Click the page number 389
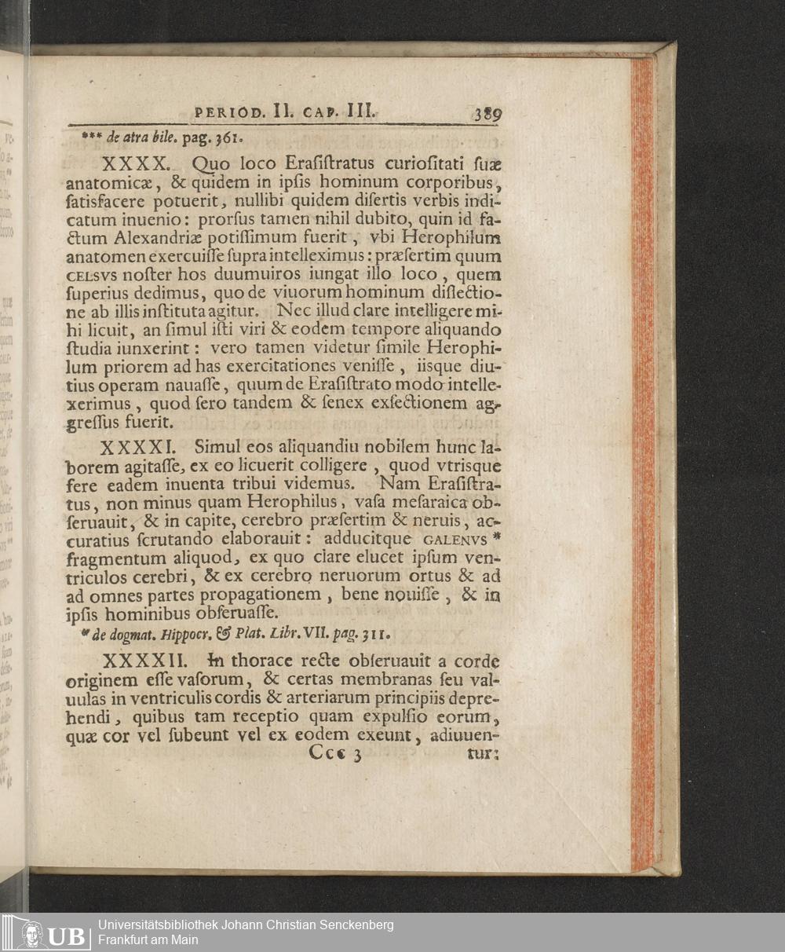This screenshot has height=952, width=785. (487, 113)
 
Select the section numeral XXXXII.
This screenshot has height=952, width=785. (143, 661)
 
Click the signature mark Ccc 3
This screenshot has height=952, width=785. (335, 753)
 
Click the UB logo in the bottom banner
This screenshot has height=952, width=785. (45, 933)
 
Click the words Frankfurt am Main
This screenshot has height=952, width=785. (148, 940)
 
